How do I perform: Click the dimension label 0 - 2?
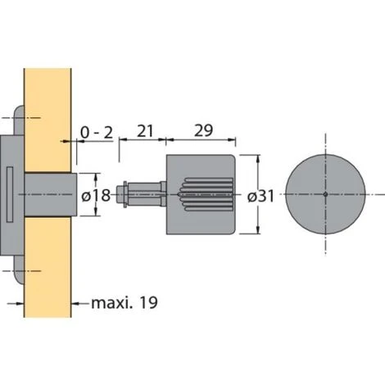coord(97,133)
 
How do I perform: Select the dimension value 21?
coord(145,131)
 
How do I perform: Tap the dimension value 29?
coord(203,130)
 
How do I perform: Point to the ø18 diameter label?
coord(96,196)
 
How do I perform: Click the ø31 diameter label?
coord(260,197)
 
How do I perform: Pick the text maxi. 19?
coord(125,303)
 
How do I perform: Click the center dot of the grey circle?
coord(325,194)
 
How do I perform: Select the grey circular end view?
coord(325,194)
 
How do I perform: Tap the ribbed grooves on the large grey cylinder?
coord(206,194)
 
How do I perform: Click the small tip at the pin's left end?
coord(120,194)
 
